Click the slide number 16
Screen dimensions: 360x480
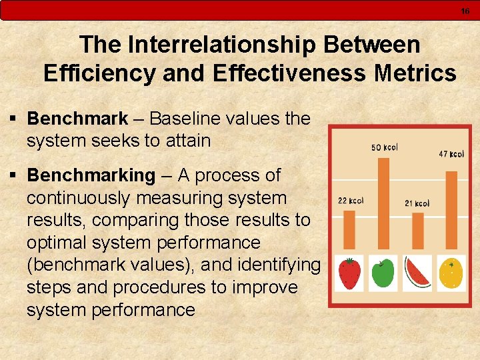(465, 11)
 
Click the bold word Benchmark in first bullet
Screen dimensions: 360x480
(77, 119)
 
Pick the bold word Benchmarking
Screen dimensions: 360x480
(91, 175)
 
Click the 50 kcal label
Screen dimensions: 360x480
(384, 147)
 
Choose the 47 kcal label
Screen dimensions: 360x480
(451, 154)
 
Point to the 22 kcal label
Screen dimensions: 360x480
(351, 200)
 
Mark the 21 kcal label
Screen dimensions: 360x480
(417, 203)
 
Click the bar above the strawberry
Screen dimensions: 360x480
(349, 229)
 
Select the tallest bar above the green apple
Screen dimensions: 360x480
(383, 203)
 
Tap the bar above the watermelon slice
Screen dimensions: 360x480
(418, 231)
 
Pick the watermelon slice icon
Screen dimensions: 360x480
(417, 273)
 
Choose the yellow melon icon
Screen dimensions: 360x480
(451, 272)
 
